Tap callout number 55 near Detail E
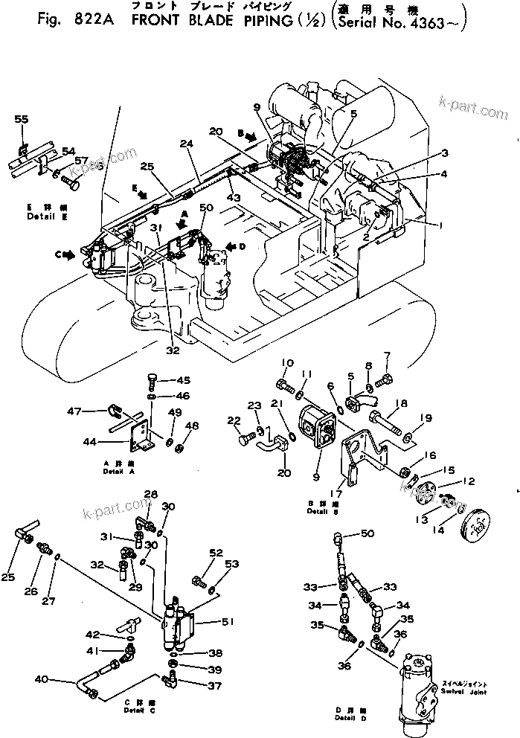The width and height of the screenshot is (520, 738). click(x=21, y=119)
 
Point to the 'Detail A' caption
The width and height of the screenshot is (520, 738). click(x=120, y=472)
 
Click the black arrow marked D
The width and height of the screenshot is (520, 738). click(x=234, y=246)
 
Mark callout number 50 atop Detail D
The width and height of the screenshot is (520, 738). click(x=367, y=534)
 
